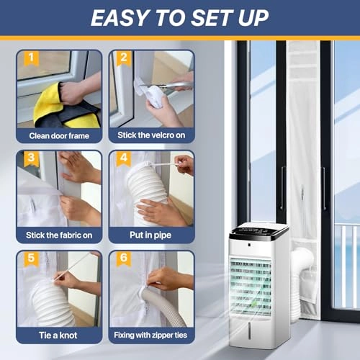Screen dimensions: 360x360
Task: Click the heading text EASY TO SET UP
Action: [179, 17]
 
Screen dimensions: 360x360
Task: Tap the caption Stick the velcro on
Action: [151, 135]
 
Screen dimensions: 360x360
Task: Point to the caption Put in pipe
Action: [151, 234]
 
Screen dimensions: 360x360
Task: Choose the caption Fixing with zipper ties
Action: [151, 335]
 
